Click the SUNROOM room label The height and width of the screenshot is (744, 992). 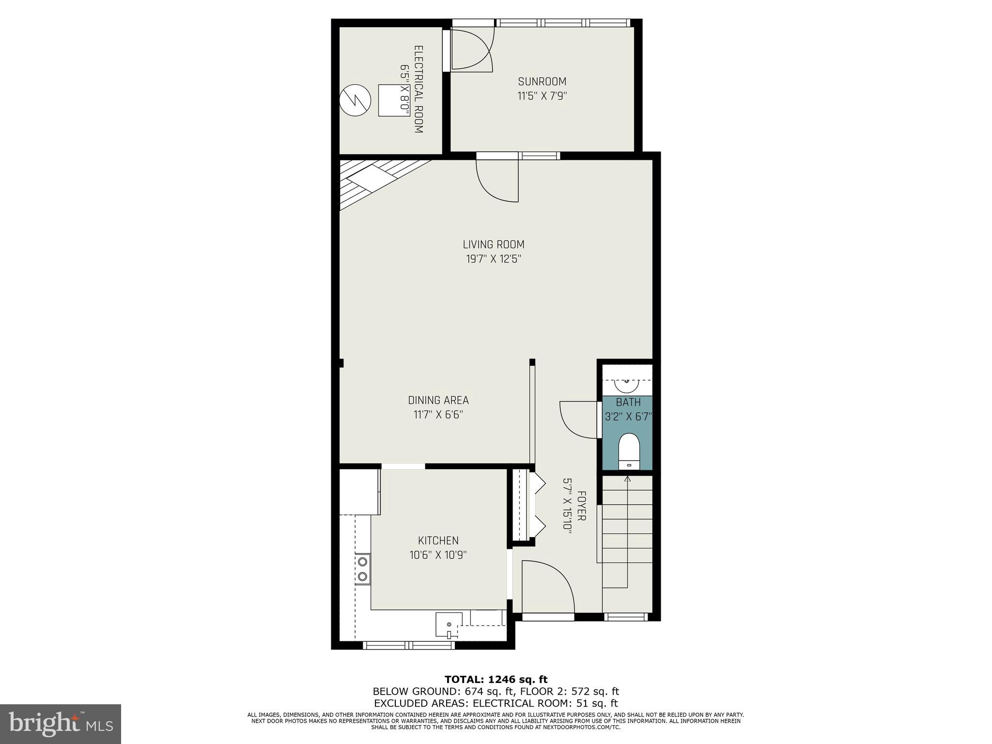[542, 81]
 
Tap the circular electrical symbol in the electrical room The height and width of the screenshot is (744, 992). [355, 100]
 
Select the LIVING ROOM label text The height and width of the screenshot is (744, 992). [494, 245]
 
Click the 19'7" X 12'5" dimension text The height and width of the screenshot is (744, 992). [494, 259]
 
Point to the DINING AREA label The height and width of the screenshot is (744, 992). [438, 400]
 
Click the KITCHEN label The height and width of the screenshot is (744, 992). [438, 541]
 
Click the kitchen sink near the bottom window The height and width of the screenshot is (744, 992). [449, 624]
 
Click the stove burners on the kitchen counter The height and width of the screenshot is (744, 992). [362, 569]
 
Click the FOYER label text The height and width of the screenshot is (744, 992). [582, 506]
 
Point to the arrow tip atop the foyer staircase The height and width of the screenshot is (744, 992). [628, 479]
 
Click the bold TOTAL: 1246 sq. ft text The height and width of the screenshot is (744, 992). [496, 680]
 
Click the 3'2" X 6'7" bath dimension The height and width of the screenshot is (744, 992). [629, 417]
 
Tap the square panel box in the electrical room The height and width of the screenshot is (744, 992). [393, 100]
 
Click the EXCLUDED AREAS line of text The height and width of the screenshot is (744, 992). [496, 703]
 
